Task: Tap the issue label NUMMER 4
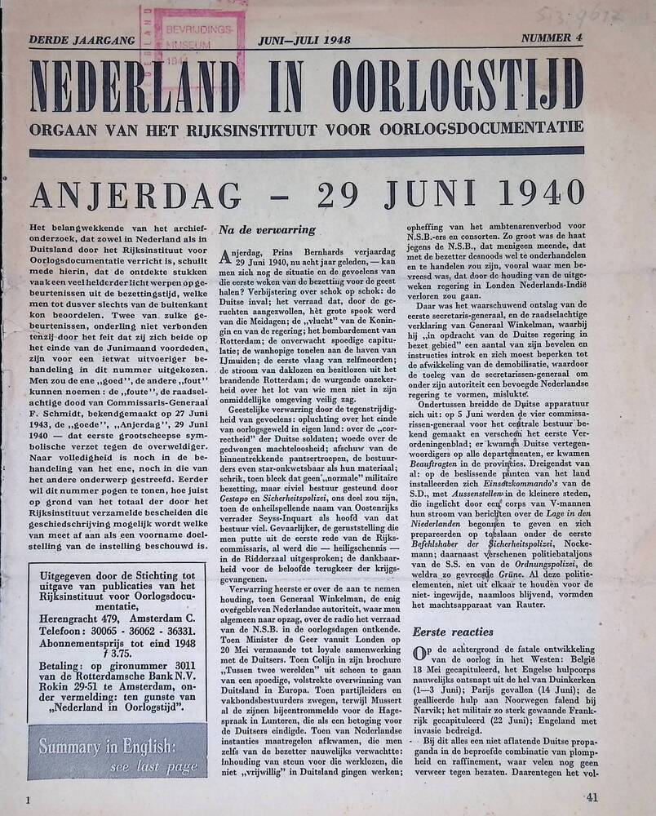[x=553, y=38]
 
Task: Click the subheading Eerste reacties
[x=453, y=631]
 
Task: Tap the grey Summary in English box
[x=117, y=754]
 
